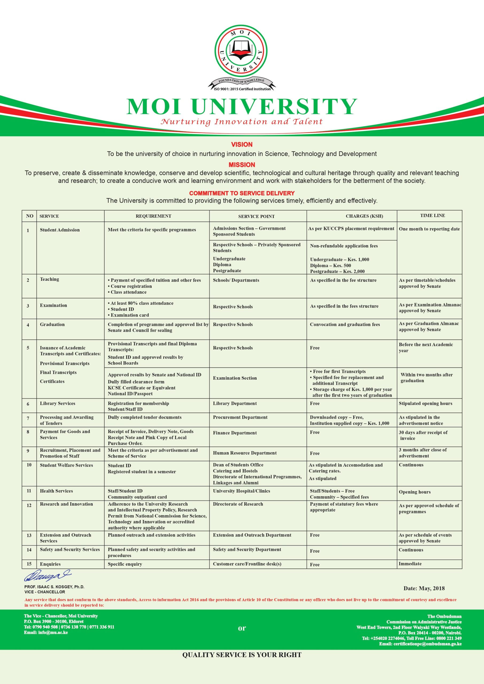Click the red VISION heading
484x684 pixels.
tap(242, 145)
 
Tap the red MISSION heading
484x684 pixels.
tap(242, 165)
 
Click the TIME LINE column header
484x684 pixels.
tap(432, 215)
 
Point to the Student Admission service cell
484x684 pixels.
tap(60, 230)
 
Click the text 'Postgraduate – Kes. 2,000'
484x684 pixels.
tap(337, 271)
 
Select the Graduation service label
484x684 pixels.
tap(52, 324)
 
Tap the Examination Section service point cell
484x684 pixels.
tap(235, 378)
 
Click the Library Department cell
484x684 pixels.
tap(235, 403)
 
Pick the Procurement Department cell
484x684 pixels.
tap(240, 417)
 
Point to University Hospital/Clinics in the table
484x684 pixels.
tap(241, 491)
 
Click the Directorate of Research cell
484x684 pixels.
tap(238, 504)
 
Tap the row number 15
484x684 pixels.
tap(29, 564)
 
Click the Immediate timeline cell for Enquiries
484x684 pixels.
tap(410, 564)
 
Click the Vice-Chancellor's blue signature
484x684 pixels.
tap(47, 576)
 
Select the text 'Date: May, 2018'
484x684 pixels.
tap(424, 588)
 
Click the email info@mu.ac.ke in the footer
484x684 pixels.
tap(46, 632)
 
